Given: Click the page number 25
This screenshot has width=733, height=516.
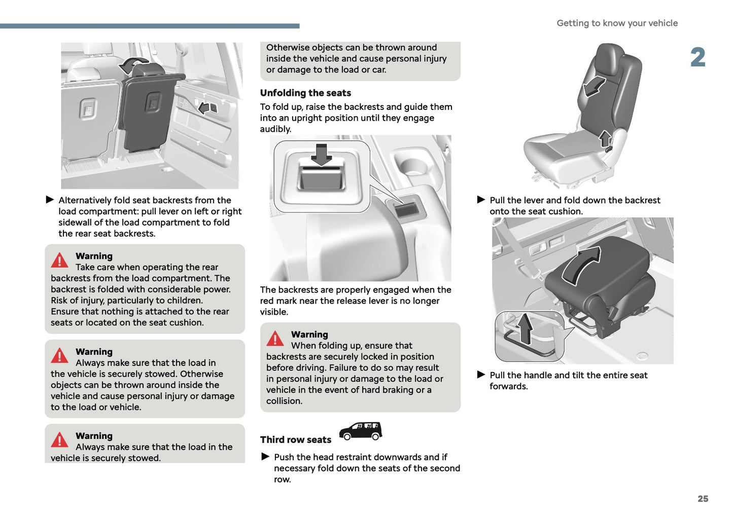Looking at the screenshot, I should click(703, 499).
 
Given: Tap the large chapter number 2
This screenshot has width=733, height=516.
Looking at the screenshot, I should click(697, 57).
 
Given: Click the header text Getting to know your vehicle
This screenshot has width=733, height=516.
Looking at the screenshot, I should click(617, 23).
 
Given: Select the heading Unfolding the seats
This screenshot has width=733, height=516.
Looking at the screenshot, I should click(305, 93).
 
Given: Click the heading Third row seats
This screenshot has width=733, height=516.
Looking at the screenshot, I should click(296, 439).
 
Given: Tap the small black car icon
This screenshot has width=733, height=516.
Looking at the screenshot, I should click(360, 431).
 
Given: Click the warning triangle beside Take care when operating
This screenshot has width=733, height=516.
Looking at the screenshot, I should click(60, 261).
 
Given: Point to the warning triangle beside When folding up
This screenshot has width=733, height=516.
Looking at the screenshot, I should click(275, 339).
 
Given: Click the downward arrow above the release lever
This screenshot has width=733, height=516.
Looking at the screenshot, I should click(321, 154).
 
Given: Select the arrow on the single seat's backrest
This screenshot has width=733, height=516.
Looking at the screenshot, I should click(594, 86).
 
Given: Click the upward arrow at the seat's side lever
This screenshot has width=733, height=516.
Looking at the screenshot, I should click(605, 138).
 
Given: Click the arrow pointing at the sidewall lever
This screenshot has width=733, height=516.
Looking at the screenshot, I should click(204, 107).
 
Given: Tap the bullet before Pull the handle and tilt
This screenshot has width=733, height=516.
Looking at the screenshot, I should click(481, 375).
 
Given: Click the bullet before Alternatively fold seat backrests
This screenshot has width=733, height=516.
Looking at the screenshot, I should click(50, 200).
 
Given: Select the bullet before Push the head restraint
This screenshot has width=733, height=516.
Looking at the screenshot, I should click(265, 457).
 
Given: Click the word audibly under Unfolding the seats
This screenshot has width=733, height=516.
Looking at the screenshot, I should click(275, 129).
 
